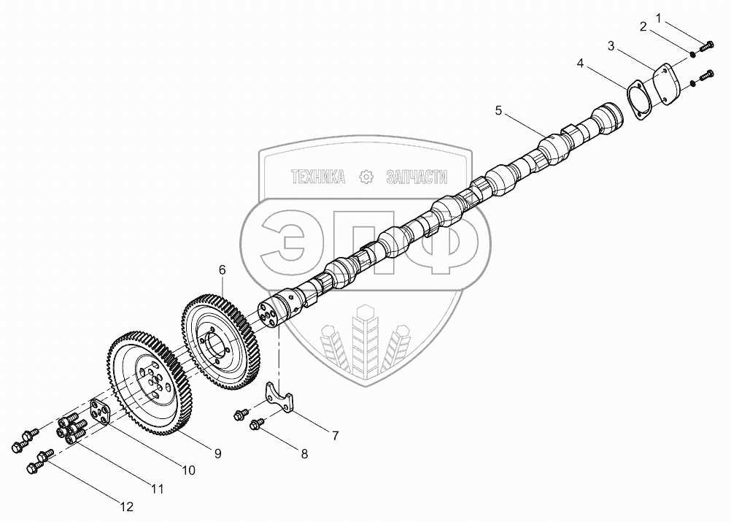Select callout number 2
pyautogui.click(x=643, y=27)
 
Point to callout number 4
pyautogui.click(x=580, y=64)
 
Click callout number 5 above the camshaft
pyautogui.click(x=498, y=110)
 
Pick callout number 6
pyautogui.click(x=223, y=270)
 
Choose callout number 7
pyautogui.click(x=335, y=436)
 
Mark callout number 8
pyautogui.click(x=304, y=453)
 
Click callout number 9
pyautogui.click(x=217, y=453)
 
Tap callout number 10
pyautogui.click(x=188, y=471)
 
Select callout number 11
pyautogui.click(x=157, y=488)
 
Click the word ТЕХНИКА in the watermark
pyautogui.click(x=317, y=177)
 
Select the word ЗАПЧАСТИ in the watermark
pyautogui.click(x=415, y=177)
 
